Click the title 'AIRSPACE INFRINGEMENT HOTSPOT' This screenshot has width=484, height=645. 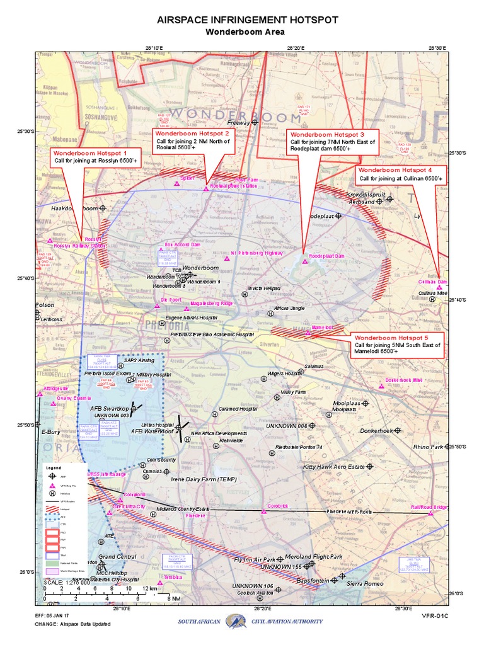coord(248,20)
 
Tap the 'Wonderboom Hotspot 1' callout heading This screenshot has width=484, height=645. coord(90,153)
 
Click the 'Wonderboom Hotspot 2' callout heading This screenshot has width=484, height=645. coord(192,134)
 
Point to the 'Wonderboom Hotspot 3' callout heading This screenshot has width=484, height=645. coord(327,135)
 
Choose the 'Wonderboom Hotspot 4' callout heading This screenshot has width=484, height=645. coord(395,170)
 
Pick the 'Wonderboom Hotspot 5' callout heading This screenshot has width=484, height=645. coord(391,337)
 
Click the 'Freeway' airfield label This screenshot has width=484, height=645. coord(238,123)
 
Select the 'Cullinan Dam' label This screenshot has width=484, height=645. coord(432,282)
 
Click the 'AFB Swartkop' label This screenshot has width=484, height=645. coord(109,409)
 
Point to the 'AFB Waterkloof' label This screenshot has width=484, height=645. coord(152,431)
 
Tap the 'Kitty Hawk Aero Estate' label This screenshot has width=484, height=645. coord(334,467)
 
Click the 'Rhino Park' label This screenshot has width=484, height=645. coord(428,447)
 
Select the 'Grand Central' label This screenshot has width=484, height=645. coord(117,557)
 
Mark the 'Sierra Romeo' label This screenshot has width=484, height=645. coord(365,583)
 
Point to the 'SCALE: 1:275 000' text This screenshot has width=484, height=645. coord(67,582)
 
